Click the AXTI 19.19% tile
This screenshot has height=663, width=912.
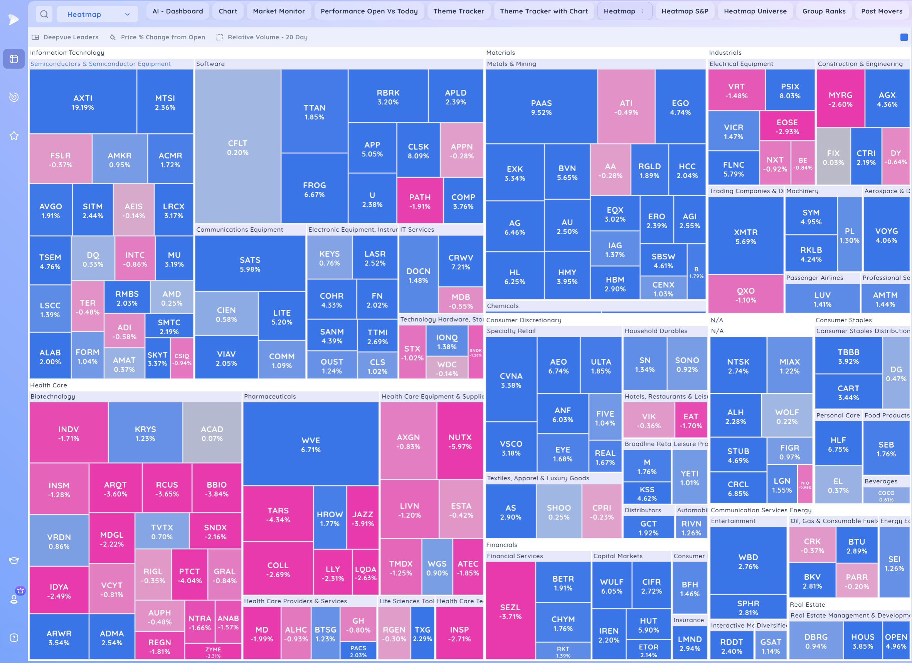[83, 102]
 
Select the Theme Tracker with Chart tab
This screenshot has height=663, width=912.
[543, 11]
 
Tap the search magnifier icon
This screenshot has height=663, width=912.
[44, 15]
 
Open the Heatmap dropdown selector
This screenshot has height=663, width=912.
[98, 15]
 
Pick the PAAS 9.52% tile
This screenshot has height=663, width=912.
[541, 107]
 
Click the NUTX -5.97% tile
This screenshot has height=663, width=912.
[460, 441]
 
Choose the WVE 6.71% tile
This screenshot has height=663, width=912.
[311, 445]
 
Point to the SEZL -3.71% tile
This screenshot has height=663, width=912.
[510, 611]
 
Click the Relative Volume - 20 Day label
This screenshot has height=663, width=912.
[268, 37]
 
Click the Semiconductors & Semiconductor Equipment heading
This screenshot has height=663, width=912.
[101, 64]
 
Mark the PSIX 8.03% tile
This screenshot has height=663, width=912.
[790, 91]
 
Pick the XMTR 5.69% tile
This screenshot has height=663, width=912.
[745, 236]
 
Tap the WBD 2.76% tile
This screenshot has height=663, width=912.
[748, 561]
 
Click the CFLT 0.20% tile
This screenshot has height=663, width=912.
[238, 148]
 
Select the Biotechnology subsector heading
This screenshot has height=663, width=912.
[53, 396]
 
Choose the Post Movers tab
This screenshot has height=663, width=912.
[882, 11]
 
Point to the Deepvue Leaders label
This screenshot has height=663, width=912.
[71, 37]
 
